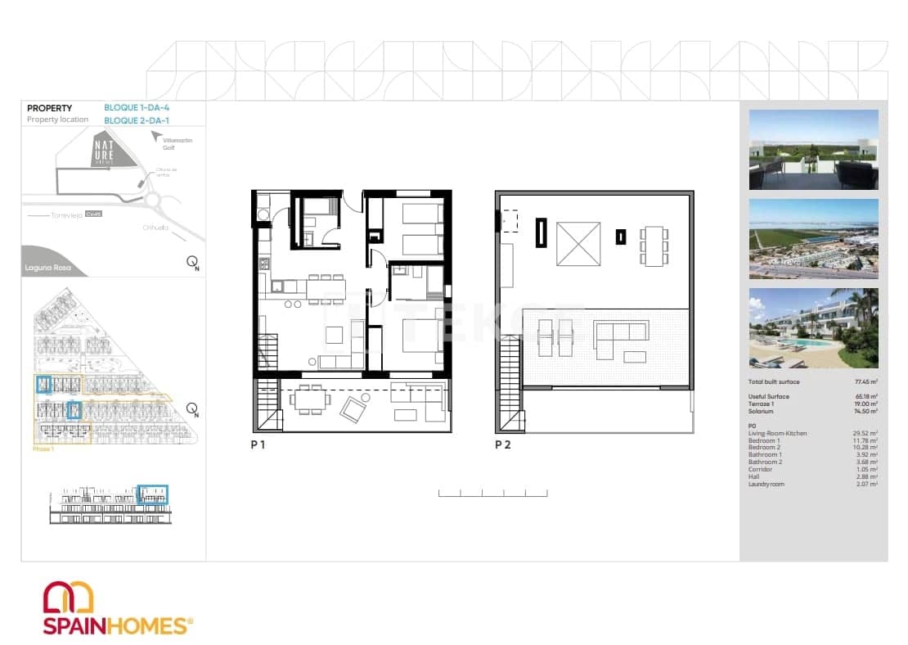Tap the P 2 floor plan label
[x=503, y=445]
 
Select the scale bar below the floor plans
[x=492, y=493]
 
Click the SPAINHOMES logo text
[x=115, y=626]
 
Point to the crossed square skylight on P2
[x=578, y=244]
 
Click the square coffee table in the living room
[x=334, y=334]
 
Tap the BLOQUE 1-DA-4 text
[x=137, y=107]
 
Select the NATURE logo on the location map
[x=104, y=151]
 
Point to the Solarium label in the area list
[x=762, y=411]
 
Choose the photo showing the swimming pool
[x=813, y=327]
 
